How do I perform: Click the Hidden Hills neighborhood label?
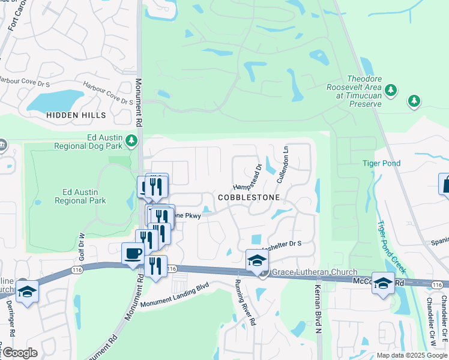pos(76,115)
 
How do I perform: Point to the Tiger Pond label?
pos(381,163)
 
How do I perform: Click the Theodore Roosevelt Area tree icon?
pos(391,90)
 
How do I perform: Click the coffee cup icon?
pos(132,253)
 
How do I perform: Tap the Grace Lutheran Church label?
pos(315,272)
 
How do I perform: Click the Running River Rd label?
pos(245,302)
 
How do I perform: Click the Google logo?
pos(20,353)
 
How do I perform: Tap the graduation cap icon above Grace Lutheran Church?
pos(257,260)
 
